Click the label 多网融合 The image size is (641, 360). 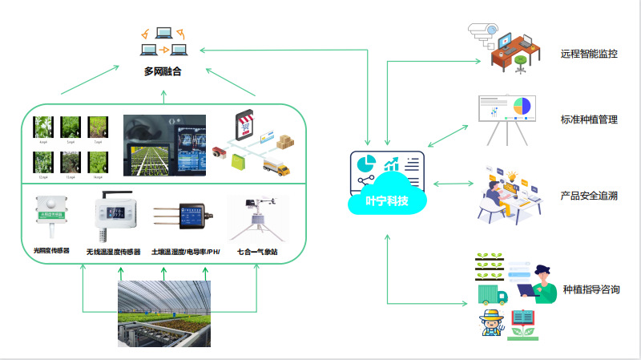(x=163, y=72)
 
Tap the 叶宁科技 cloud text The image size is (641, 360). (x=387, y=200)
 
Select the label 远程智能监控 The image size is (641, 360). (x=589, y=55)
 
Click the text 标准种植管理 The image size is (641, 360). (x=589, y=119)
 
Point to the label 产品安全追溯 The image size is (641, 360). (x=589, y=196)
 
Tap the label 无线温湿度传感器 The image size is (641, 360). (x=113, y=251)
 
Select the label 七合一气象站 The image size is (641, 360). (x=257, y=251)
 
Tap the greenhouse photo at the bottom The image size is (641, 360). (x=165, y=313)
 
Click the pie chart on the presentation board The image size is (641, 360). (x=522, y=106)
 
